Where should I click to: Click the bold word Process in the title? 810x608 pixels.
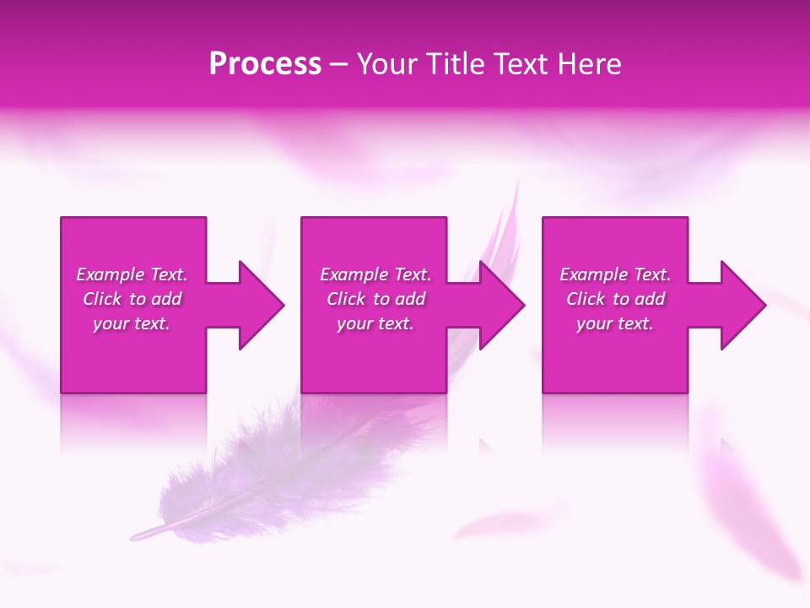point(265,64)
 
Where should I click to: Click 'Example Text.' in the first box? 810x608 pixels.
point(132,274)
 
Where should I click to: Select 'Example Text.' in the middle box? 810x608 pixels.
point(375,274)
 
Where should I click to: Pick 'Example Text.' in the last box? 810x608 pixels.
point(615,274)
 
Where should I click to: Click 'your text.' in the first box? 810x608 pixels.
point(132,323)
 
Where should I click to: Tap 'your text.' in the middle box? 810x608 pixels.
point(375,323)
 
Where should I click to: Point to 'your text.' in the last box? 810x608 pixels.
point(615,323)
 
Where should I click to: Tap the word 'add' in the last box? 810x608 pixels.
point(649,299)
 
